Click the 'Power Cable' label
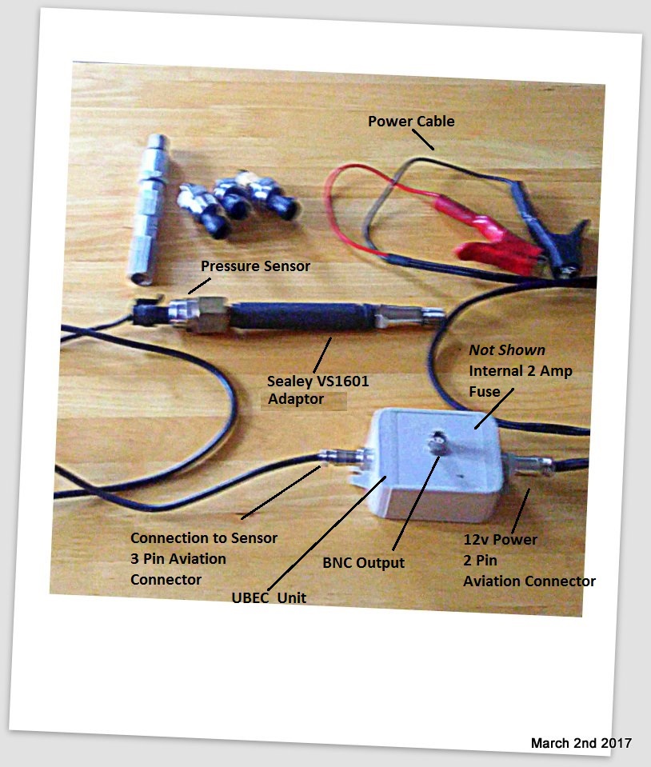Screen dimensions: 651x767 411,122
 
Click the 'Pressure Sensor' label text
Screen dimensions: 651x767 255,266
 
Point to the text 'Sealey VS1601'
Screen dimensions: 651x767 318,381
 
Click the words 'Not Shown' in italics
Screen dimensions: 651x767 507,350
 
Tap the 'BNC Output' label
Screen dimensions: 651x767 363,562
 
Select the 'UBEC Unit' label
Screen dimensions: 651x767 269,597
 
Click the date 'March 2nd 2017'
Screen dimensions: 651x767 581,743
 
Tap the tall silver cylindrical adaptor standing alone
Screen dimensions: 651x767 149,208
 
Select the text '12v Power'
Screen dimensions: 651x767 501,540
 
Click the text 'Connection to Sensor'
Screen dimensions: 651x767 204,538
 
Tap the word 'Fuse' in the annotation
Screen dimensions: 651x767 485,392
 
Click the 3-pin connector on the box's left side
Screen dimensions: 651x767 342,458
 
